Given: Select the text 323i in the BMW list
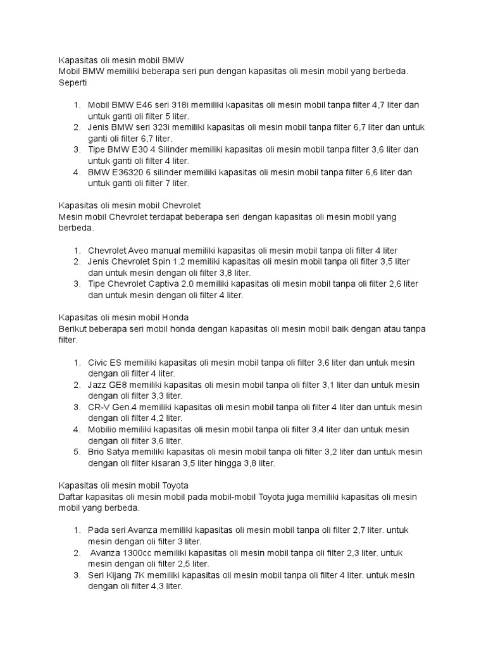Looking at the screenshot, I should (x=166, y=127).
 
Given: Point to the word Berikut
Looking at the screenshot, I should (x=72, y=329).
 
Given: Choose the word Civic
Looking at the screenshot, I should (x=97, y=363).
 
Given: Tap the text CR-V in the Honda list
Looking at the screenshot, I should (x=100, y=407).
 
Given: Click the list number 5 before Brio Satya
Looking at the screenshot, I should (x=77, y=452).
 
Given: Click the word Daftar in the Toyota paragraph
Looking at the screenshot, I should (x=71, y=497).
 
